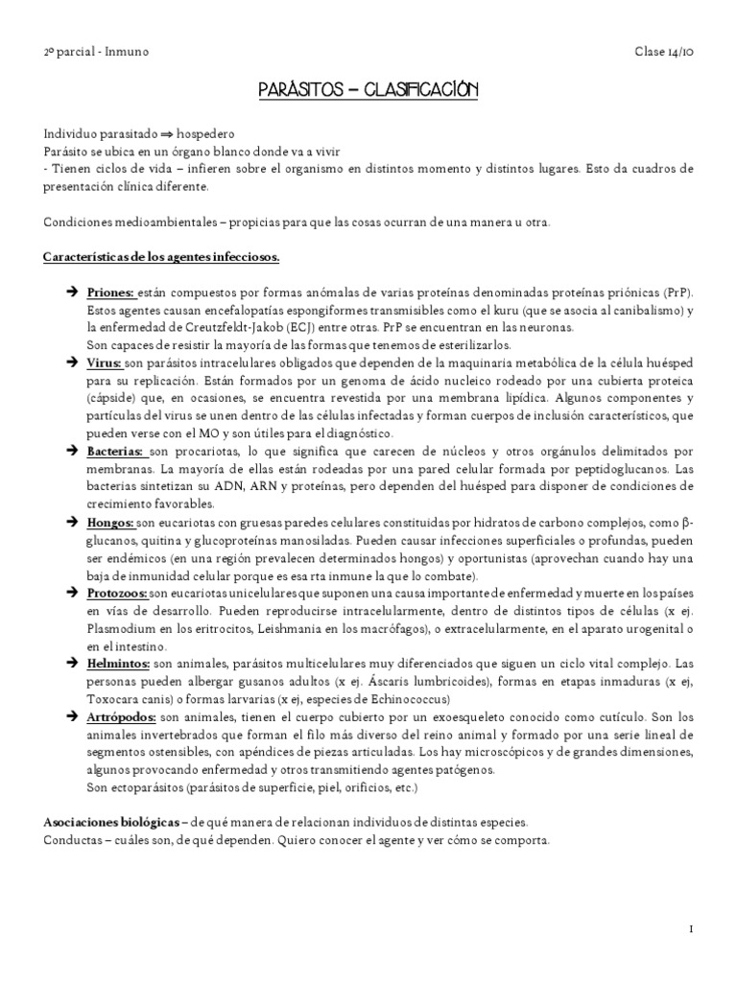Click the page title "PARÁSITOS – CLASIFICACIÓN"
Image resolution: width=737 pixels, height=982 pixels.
tap(368, 91)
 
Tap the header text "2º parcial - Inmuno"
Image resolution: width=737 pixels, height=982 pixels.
tap(96, 51)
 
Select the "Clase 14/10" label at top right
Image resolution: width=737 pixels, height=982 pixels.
tap(663, 51)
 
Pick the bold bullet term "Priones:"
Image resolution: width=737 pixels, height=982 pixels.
tap(111, 292)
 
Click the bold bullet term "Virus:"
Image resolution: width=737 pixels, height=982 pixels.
tap(105, 363)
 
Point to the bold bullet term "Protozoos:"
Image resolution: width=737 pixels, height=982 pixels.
tap(117, 594)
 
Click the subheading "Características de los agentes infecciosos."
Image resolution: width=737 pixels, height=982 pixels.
tap(161, 257)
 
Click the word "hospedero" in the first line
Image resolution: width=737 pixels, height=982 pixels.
tap(206, 134)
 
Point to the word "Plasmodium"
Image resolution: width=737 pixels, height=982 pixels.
tap(120, 628)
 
